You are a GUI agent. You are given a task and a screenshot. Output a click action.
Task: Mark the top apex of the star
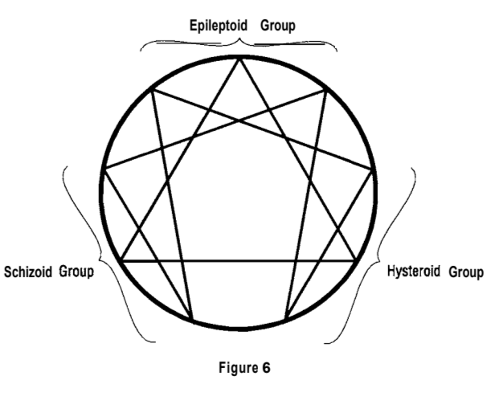(239, 59)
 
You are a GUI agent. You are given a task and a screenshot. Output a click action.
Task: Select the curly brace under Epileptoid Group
(239, 45)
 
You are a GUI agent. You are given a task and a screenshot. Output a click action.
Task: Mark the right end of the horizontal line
(358, 260)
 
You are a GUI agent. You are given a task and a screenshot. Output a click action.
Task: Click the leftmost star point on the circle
(105, 170)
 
